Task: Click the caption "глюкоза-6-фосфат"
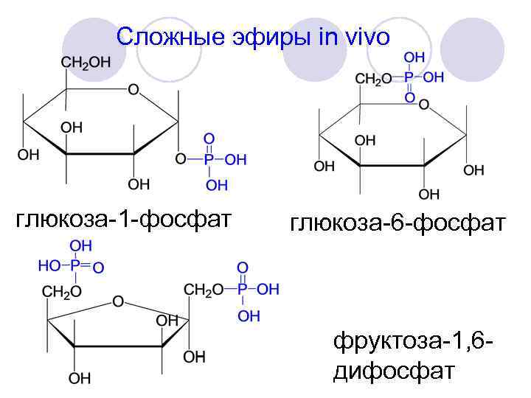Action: click(x=398, y=222)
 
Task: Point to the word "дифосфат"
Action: click(x=393, y=371)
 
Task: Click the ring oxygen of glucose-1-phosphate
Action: click(x=133, y=90)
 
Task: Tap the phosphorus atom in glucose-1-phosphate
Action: click(x=209, y=160)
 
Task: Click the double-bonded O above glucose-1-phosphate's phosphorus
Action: click(x=209, y=139)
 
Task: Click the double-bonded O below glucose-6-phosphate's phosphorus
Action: click(x=411, y=97)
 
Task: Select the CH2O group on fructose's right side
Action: click(x=203, y=290)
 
